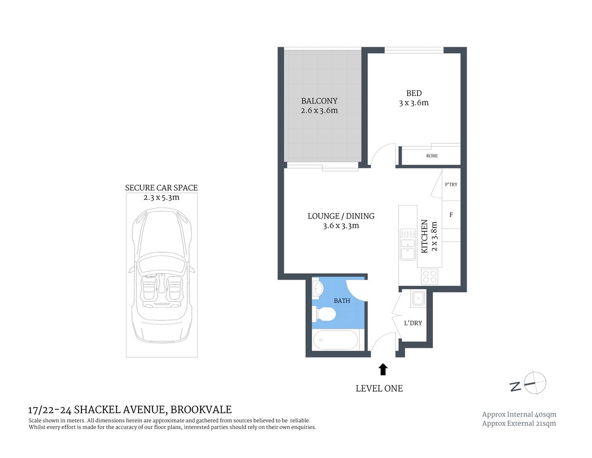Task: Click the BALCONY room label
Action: point(319,101)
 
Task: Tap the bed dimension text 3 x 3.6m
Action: point(414,103)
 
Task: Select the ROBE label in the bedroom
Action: point(432,156)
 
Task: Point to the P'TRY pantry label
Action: point(451,185)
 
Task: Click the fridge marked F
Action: point(451,215)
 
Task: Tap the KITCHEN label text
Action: point(424,236)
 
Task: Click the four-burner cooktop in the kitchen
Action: point(429,276)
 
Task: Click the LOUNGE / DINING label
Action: point(341,216)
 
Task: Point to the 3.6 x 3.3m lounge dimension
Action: point(341,226)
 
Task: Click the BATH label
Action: point(342,301)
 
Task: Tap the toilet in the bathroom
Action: point(325,314)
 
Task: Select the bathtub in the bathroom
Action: point(335,340)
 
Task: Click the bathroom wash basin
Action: point(317,289)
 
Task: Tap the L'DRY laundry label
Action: point(413,323)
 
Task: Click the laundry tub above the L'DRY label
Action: point(418,299)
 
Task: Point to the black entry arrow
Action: point(383,369)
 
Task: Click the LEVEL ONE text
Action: point(379,388)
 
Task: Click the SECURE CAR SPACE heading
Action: point(161,188)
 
